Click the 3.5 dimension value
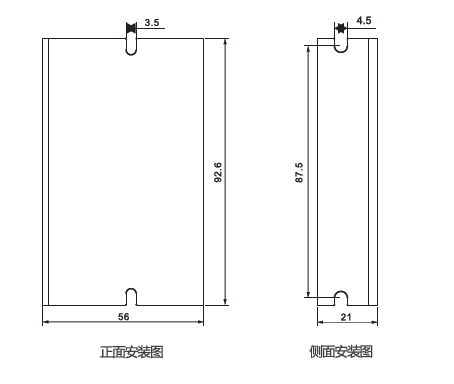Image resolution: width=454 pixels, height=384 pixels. pyautogui.click(x=150, y=21)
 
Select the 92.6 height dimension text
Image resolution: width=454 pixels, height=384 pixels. pyautogui.click(x=217, y=172)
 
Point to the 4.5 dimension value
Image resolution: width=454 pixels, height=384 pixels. pyautogui.click(x=363, y=19)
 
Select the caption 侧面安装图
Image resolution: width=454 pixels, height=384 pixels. pyautogui.click(x=341, y=352)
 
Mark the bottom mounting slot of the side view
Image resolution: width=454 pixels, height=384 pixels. pyautogui.click(x=339, y=297)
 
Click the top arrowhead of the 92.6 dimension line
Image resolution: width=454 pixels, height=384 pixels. pyautogui.click(x=225, y=43)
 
